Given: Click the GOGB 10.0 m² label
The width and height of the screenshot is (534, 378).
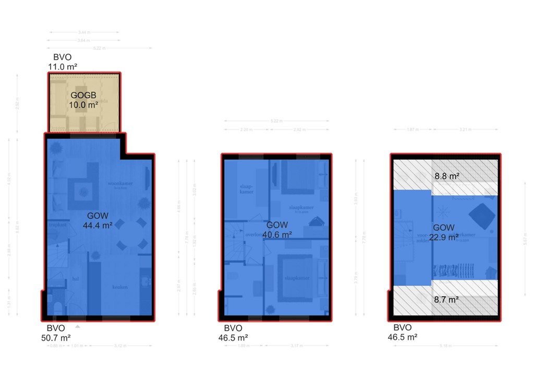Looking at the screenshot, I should coord(84,100).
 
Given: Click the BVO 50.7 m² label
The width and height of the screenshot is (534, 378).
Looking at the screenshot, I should coord(56,333).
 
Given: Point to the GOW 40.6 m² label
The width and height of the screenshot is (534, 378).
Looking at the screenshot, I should coord(276,230).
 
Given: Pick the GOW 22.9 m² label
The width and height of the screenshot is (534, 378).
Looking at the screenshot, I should coord(445,232).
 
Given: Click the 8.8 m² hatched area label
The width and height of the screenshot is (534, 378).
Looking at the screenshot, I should coord(447,176).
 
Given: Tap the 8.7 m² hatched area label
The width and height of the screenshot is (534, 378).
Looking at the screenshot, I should coord(446,299).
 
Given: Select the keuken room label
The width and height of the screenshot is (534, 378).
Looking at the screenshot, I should coord(123,287).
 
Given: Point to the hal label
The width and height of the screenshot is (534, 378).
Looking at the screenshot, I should coord(76,279).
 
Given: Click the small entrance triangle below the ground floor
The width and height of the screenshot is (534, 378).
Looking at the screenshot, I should coord(78,327).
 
